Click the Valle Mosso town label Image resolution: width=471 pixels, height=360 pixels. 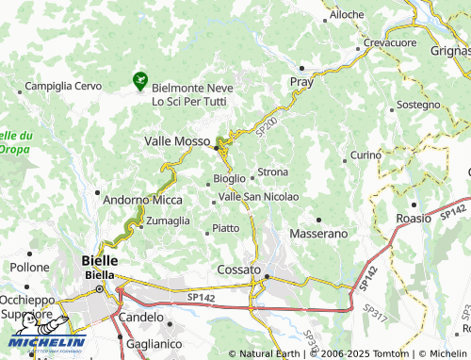pyautogui.click(x=176, y=140)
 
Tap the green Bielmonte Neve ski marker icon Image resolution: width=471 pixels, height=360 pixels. pyautogui.click(x=141, y=81)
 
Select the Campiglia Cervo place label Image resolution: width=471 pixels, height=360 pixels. pyautogui.click(x=62, y=86)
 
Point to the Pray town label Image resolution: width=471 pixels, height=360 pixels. pyautogui.click(x=300, y=82)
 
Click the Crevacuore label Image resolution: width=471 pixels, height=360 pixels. pyautogui.click(x=390, y=43)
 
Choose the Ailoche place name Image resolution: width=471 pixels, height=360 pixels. pyautogui.click(x=347, y=15)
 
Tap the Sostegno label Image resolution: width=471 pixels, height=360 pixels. pyautogui.click(x=417, y=105)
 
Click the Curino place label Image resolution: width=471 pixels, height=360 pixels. pyautogui.click(x=365, y=154)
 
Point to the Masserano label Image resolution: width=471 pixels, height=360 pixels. pyautogui.click(x=318, y=232)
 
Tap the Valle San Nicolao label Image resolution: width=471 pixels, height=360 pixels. pyautogui.click(x=258, y=196)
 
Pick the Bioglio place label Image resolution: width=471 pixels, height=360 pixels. pyautogui.click(x=230, y=177)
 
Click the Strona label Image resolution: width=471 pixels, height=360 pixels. pyautogui.click(x=272, y=172)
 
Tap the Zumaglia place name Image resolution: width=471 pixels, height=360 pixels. pyautogui.click(x=168, y=221)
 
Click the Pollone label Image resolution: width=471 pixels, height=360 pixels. pyautogui.click(x=29, y=267)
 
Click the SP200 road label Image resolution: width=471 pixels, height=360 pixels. pyautogui.click(x=267, y=123)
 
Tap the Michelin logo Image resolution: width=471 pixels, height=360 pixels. pyautogui.click(x=46, y=341)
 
